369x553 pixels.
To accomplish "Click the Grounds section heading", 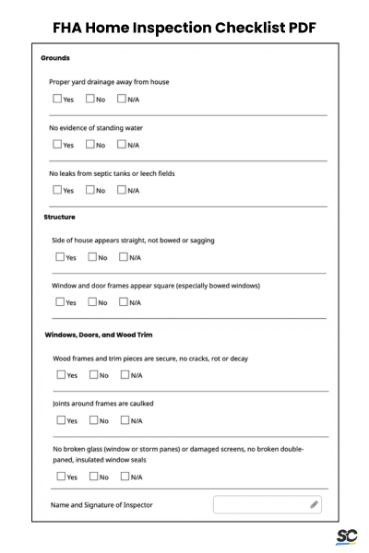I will pos(55,58).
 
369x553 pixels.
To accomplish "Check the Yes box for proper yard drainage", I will pos(57,99).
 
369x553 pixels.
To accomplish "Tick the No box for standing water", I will pos(89,144).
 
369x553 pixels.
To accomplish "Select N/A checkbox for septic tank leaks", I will pos(122,190).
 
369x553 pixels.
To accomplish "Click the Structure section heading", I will pos(60,218).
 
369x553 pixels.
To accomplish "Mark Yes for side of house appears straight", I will pos(60,257).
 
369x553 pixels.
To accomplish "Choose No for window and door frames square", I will pos(92,301).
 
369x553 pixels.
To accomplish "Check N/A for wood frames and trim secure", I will pos(125,375).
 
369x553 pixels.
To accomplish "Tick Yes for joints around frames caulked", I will pos(61,420).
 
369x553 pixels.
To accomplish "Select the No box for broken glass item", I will pos(93,477).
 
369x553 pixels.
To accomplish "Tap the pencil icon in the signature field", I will pos(314,505).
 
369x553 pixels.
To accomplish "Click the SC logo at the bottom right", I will pos(347,536).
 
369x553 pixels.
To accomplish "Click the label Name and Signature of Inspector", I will pos(102,505).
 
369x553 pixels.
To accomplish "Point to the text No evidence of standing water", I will pos(95,127).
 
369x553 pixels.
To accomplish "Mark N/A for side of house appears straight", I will pos(125,257).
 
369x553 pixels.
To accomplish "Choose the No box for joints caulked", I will pos(93,420).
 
